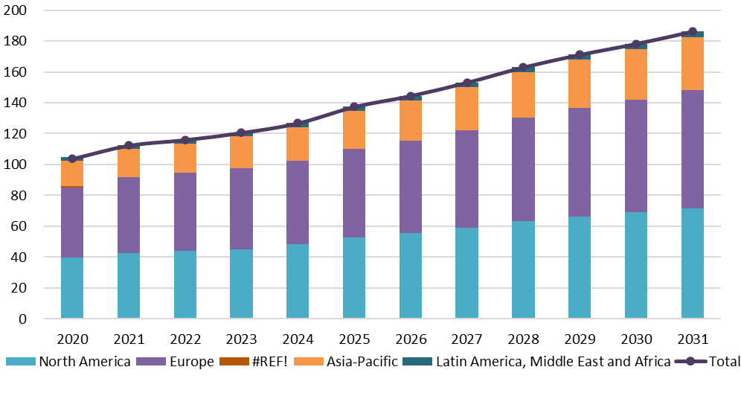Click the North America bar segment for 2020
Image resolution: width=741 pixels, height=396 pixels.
click(72, 287)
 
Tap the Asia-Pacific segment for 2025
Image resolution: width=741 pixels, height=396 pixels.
click(354, 130)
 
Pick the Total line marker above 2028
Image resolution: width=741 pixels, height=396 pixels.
click(523, 68)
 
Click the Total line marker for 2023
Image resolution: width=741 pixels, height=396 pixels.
click(241, 133)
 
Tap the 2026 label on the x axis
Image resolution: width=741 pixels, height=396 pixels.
click(411, 339)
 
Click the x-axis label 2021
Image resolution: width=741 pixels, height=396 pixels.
click(129, 339)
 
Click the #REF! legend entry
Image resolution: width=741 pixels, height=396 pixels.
click(264, 362)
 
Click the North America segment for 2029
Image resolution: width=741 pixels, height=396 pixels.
click(580, 267)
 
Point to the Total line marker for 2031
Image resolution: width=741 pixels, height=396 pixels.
click(693, 32)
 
